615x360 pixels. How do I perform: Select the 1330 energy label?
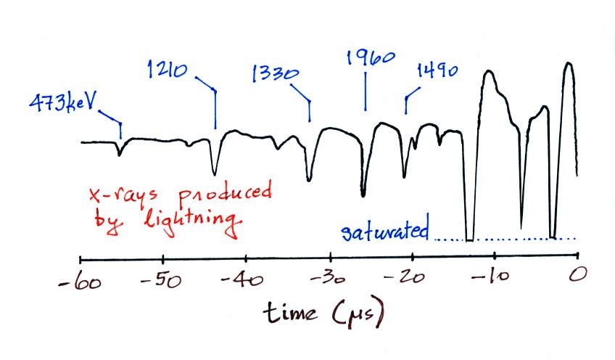273,74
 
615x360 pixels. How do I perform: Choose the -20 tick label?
412,281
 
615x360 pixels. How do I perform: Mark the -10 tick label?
493,281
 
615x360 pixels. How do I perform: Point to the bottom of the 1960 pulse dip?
363,195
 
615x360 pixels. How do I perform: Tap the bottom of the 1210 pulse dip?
214,173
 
